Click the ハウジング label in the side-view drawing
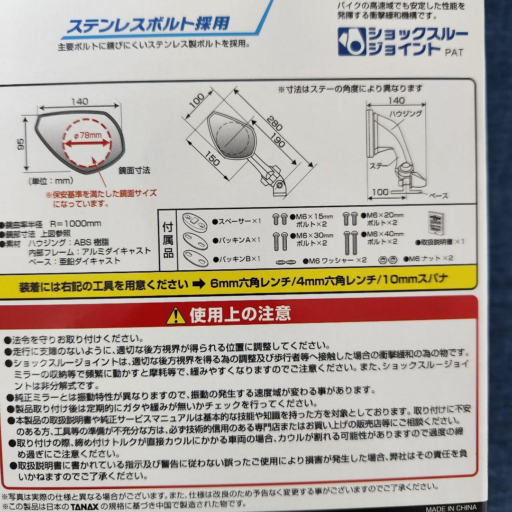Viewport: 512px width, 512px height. [405, 114]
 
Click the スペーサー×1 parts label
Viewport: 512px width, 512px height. [237, 221]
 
